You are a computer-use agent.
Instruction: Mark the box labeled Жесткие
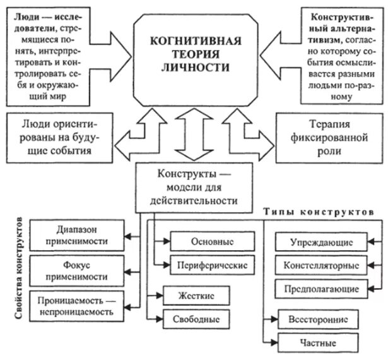pyautogui.click(x=195, y=295)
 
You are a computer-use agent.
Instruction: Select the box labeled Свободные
pyautogui.click(x=195, y=318)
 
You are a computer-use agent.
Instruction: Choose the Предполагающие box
pyautogui.click(x=321, y=289)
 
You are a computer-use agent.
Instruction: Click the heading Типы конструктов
pyautogui.click(x=319, y=215)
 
